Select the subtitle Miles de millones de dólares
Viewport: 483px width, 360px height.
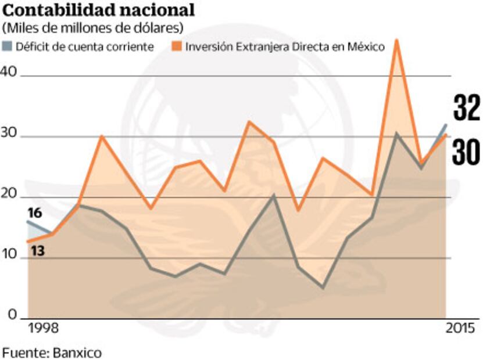[94, 28]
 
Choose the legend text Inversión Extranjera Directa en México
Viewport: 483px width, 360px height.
[285, 47]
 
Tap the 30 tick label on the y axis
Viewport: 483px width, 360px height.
[11, 133]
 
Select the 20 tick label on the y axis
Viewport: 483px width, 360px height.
[11, 193]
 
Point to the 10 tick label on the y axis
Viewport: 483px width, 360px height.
[11, 254]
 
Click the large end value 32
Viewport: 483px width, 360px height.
[466, 110]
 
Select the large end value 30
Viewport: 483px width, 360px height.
[466, 152]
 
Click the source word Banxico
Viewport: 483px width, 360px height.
[77, 352]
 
